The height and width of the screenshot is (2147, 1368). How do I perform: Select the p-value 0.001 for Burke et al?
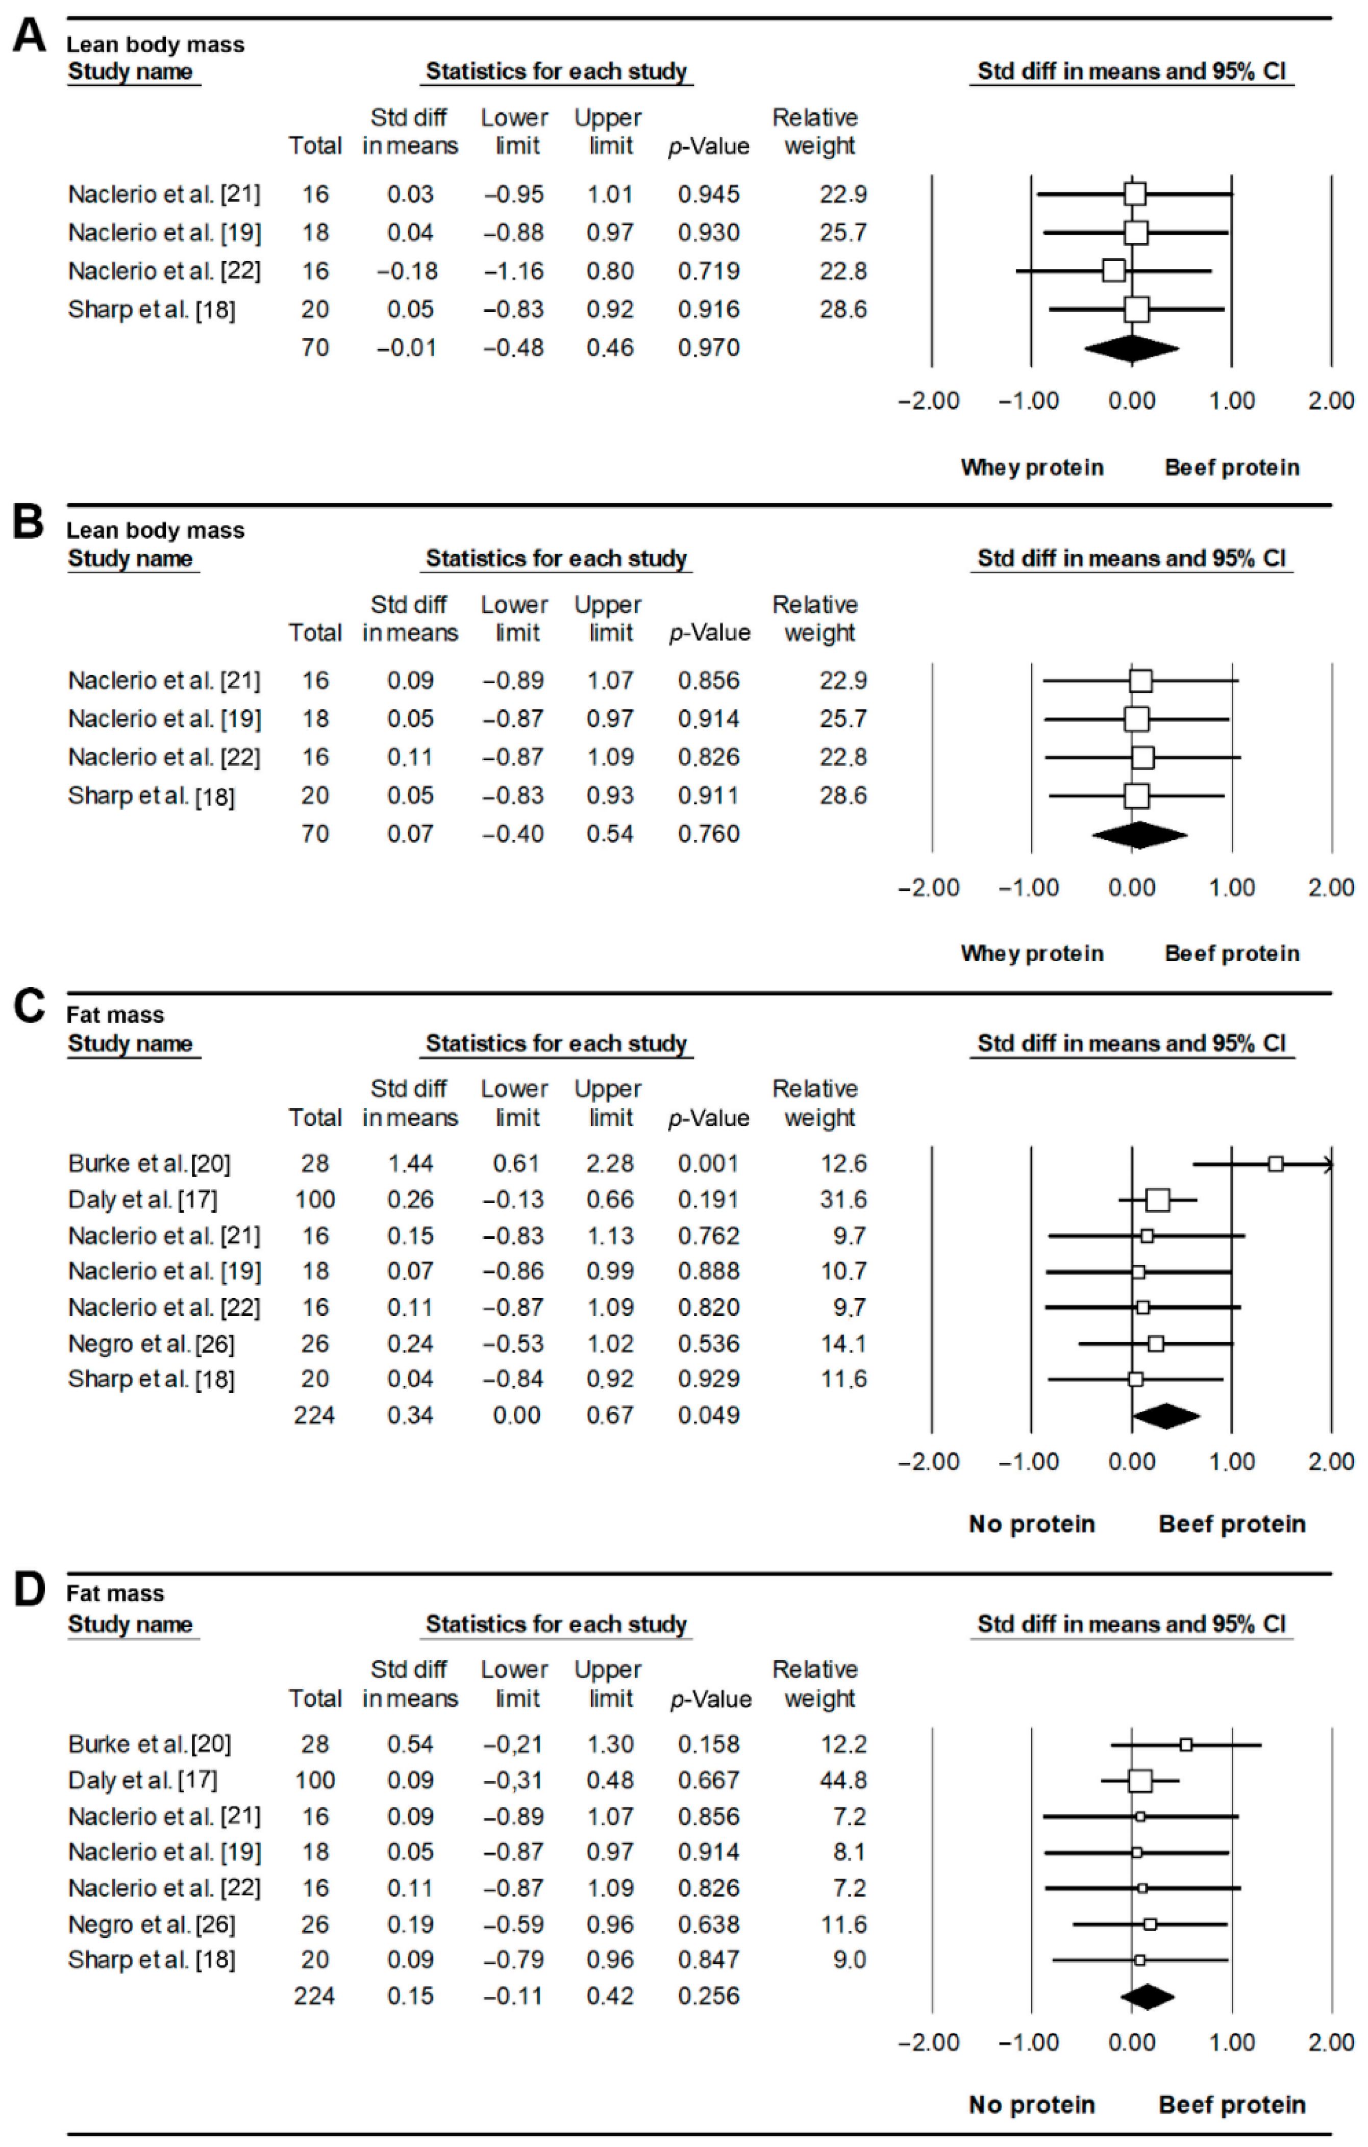click(x=708, y=1163)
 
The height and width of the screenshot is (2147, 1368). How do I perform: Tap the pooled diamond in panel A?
click(x=1131, y=348)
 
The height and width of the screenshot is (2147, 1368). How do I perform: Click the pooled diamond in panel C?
click(x=1165, y=1416)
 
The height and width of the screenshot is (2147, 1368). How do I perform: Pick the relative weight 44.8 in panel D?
click(x=843, y=1781)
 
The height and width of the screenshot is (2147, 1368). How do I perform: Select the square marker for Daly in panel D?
click(x=1140, y=1781)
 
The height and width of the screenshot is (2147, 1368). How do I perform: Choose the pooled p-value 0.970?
click(x=708, y=348)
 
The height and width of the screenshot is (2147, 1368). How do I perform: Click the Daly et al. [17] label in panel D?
click(x=143, y=1781)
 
